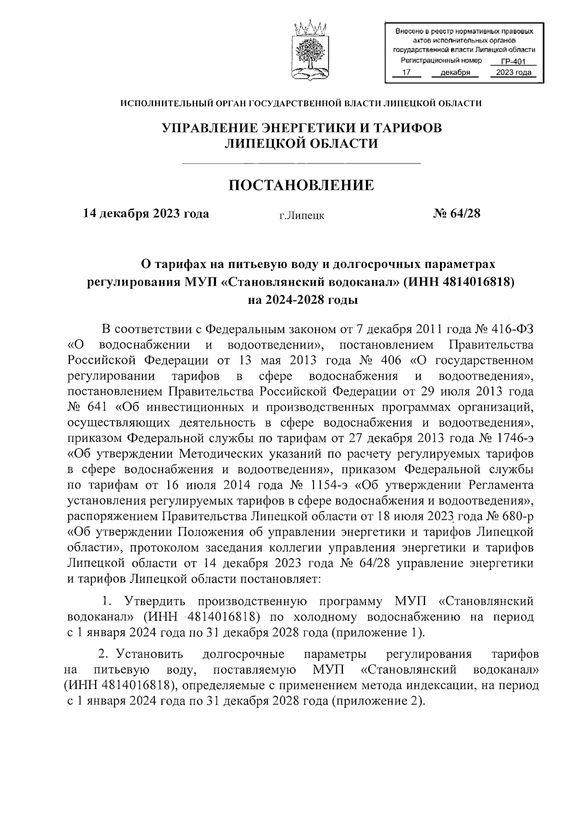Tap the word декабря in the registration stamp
click(x=454, y=73)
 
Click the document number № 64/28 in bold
click(x=456, y=213)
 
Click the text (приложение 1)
click(x=377, y=632)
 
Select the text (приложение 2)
click(x=377, y=701)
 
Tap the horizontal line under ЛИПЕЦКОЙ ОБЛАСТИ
click(x=302, y=164)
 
